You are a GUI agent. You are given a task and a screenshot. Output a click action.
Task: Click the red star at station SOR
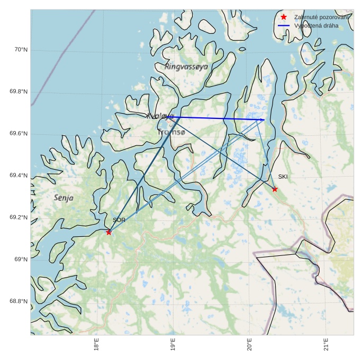click(x=108, y=232)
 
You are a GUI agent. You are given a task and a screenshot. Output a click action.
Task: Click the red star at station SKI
click(x=275, y=189)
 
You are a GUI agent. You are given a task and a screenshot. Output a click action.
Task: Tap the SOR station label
click(x=119, y=220)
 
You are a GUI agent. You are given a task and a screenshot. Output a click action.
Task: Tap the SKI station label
click(x=283, y=177)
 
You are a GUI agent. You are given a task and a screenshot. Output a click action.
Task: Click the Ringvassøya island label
click(x=186, y=67)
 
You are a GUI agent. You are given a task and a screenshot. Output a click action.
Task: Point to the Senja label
click(x=63, y=198)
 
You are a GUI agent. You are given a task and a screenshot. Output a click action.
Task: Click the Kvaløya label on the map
click(x=160, y=116)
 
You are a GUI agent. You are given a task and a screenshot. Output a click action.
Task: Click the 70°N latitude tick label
click(x=20, y=50)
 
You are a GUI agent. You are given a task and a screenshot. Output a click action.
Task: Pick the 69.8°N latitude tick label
click(x=18, y=92)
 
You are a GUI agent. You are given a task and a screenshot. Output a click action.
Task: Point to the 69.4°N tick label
click(x=18, y=176)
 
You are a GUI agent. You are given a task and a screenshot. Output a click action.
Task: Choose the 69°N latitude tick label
click(x=20, y=260)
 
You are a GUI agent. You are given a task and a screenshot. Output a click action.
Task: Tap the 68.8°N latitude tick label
click(x=18, y=301)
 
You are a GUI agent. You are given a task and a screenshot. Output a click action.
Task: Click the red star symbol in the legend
click(x=284, y=17)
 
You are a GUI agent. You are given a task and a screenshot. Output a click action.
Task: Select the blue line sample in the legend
click(x=284, y=25)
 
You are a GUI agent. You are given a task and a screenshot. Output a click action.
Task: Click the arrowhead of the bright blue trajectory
click(x=263, y=120)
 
